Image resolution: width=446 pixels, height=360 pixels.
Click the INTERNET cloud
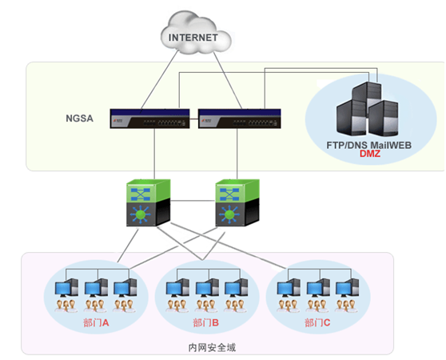tap(196, 34)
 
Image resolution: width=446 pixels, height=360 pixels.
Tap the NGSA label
tap(79, 118)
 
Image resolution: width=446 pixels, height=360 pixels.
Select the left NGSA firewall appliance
tap(150, 118)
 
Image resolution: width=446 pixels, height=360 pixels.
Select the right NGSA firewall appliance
tap(240, 118)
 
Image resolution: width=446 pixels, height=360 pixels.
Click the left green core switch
tap(149, 202)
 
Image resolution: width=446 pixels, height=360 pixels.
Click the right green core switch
tap(237, 202)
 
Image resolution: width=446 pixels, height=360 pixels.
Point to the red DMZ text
tap(370, 154)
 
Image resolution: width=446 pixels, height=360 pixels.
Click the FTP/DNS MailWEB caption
tap(369, 145)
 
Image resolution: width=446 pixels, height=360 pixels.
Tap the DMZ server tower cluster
tap(367, 109)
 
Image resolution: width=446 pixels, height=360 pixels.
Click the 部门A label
tap(96, 322)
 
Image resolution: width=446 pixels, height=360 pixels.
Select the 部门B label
tap(205, 322)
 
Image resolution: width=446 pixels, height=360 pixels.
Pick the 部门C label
tap(317, 322)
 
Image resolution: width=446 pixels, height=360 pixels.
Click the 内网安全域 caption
tap(212, 347)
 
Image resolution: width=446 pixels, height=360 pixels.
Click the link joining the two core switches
tap(193, 201)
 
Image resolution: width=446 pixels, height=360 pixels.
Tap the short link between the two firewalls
tap(194, 119)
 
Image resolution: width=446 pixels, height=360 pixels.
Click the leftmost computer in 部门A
tap(66, 288)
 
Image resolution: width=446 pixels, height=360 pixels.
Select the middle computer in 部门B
tap(207, 288)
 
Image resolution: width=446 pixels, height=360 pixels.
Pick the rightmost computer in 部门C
tap(347, 288)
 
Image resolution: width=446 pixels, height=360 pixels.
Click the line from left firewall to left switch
tap(154, 154)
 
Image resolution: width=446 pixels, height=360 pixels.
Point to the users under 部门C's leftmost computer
tap(288, 306)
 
